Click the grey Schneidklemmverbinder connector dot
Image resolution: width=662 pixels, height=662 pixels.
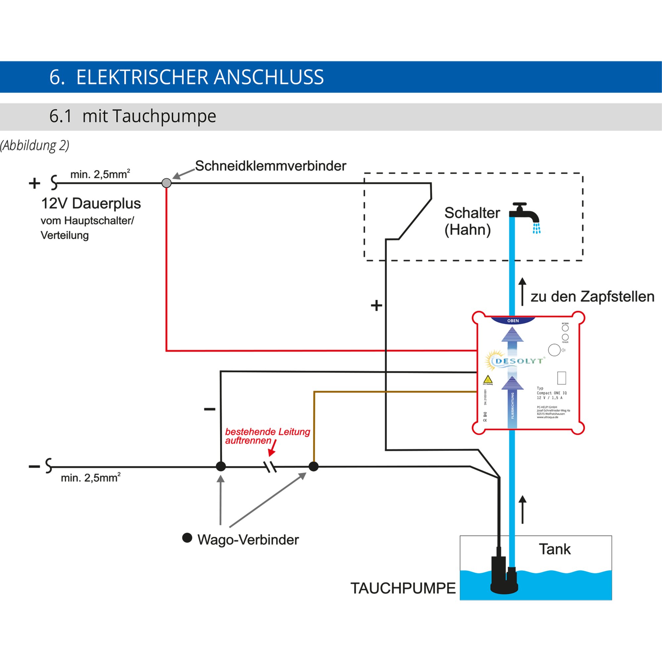(x=166, y=183)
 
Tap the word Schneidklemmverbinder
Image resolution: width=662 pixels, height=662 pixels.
(x=270, y=166)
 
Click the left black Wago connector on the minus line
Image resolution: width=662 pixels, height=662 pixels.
(x=221, y=466)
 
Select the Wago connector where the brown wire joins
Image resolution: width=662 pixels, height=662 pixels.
(x=313, y=466)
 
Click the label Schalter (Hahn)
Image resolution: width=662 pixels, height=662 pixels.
(x=471, y=221)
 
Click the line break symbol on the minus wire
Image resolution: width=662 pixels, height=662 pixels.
(x=270, y=467)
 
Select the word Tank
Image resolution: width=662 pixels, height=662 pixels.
(x=555, y=549)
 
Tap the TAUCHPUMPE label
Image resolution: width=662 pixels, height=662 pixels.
(x=402, y=588)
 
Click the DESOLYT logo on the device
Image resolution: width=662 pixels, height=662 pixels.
(x=516, y=361)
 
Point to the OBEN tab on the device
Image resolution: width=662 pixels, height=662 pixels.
(x=513, y=320)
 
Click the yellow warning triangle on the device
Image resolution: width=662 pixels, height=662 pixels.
(x=488, y=380)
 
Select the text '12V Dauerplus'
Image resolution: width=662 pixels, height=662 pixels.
(x=91, y=203)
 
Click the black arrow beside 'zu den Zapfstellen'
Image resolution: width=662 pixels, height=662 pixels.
(x=522, y=291)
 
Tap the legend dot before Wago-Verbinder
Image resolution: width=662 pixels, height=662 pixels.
(x=187, y=538)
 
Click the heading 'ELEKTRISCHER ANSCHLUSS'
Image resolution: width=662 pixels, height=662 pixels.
(x=200, y=77)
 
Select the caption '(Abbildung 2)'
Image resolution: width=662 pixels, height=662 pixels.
(x=34, y=145)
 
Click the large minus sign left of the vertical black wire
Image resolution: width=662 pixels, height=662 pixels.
(x=210, y=409)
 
